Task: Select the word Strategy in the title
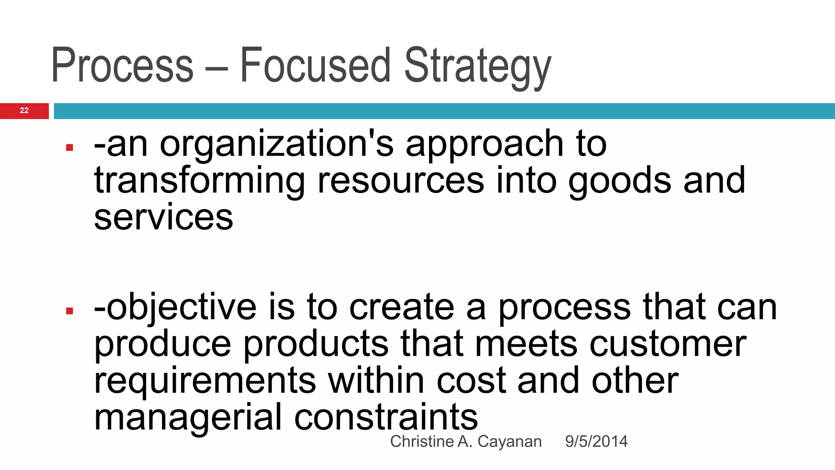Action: pyautogui.click(x=477, y=67)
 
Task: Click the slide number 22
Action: pyautogui.click(x=24, y=111)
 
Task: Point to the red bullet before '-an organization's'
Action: pyautogui.click(x=69, y=148)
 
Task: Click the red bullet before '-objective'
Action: pyautogui.click(x=69, y=311)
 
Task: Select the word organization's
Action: pyautogui.click(x=277, y=144)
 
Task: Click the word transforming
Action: pyautogui.click(x=199, y=181)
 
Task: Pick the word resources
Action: pyautogui.click(x=401, y=181)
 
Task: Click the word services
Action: pyautogui.click(x=163, y=217)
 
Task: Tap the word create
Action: pyautogui.click(x=402, y=307)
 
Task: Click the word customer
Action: pyautogui.click(x=668, y=344)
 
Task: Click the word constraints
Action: pyautogui.click(x=386, y=417)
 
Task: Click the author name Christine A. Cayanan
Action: pyautogui.click(x=466, y=441)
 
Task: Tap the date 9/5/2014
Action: pyautogui.click(x=596, y=441)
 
